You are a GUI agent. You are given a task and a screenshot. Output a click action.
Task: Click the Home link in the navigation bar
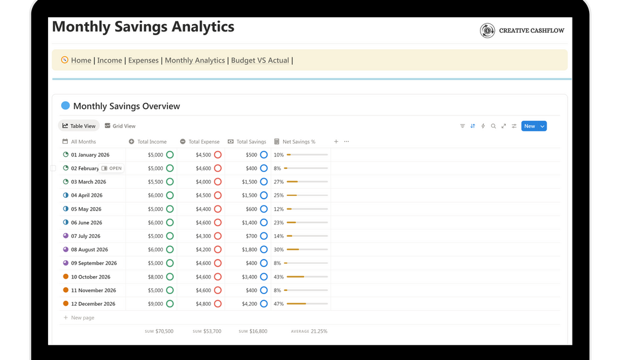pyautogui.click(x=81, y=60)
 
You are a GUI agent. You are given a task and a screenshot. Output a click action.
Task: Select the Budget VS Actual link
pyautogui.click(x=260, y=60)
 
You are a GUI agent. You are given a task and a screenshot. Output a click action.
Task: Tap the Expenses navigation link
pyautogui.click(x=143, y=60)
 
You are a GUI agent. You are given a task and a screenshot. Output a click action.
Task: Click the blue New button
pyautogui.click(x=530, y=126)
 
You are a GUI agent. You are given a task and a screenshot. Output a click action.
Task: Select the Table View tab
pyautogui.click(x=79, y=126)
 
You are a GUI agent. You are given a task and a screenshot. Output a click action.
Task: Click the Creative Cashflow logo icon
pyautogui.click(x=487, y=31)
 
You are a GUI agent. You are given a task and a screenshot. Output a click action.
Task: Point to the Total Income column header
pyautogui.click(x=152, y=142)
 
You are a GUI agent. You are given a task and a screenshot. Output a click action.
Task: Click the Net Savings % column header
pyautogui.click(x=299, y=142)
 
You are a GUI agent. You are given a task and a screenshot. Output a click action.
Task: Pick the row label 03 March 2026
pyautogui.click(x=88, y=182)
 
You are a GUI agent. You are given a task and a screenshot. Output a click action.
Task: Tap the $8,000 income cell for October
pyautogui.click(x=155, y=277)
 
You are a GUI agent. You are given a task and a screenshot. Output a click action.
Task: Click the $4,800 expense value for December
pyautogui.click(x=204, y=304)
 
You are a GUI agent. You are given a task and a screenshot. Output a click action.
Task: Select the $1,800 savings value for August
pyautogui.click(x=249, y=250)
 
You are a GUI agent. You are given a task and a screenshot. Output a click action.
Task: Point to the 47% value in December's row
pyautogui.click(x=279, y=304)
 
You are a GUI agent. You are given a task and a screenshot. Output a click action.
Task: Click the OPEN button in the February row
pyautogui.click(x=112, y=168)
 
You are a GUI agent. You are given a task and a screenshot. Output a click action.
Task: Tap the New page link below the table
pyautogui.click(x=83, y=318)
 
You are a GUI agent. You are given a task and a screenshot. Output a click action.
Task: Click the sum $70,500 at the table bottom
pyautogui.click(x=164, y=332)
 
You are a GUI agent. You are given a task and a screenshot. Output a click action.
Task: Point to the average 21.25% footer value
pyautogui.click(x=318, y=332)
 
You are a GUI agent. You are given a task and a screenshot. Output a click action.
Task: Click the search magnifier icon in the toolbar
pyautogui.click(x=494, y=126)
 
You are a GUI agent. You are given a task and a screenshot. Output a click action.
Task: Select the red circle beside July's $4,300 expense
pyautogui.click(x=218, y=236)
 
